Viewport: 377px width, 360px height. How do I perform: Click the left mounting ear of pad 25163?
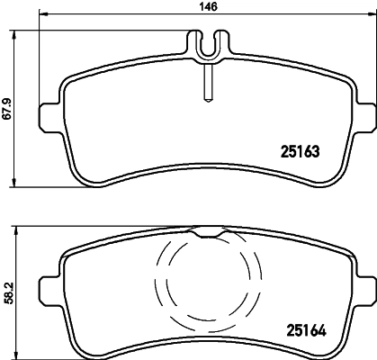[x=48, y=118]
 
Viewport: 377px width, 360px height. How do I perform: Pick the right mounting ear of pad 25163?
[x=365, y=118]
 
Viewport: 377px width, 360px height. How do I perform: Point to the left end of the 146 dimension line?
[x=40, y=15]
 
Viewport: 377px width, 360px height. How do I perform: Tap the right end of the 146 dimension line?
[x=373, y=15]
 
